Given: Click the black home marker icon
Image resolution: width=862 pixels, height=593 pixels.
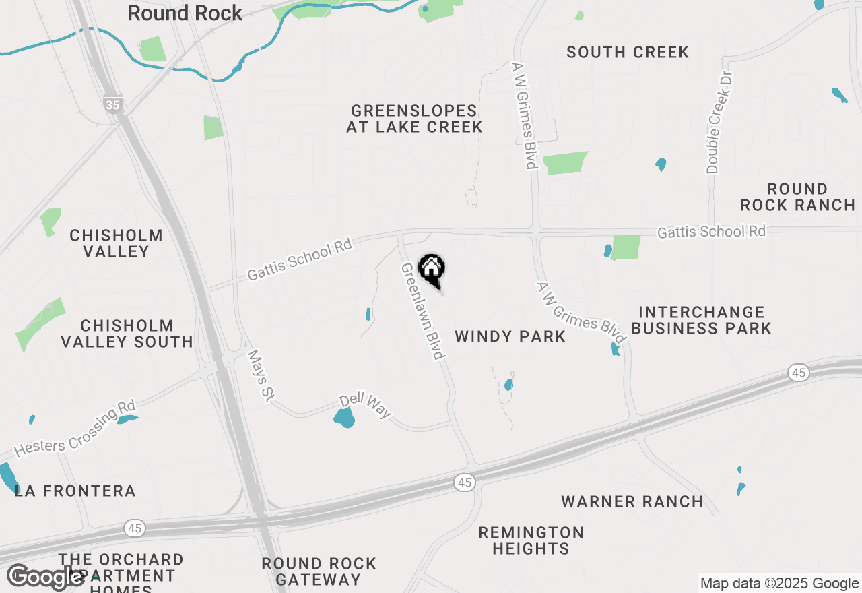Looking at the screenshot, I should [432, 270].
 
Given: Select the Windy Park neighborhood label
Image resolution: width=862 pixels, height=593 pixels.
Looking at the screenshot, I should [510, 336].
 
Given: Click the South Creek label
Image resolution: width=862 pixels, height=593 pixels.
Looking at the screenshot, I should [628, 52].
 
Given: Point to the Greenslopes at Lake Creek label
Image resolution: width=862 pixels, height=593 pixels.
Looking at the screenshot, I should [414, 119].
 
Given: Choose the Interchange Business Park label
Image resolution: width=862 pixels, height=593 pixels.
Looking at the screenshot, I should [702, 320].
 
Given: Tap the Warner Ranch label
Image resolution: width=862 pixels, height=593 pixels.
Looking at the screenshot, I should [632, 501].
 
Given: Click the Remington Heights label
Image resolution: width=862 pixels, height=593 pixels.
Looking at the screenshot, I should [531, 540].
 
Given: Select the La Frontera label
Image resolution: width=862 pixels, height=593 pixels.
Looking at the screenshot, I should [75, 491].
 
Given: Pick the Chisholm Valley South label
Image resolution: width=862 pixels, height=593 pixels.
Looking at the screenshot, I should [127, 334].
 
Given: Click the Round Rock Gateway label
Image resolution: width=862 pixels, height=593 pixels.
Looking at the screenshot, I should [319, 571].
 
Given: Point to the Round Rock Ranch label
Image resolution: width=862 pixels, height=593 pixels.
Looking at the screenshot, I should [798, 197].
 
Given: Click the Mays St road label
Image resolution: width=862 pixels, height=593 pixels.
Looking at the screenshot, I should [260, 376].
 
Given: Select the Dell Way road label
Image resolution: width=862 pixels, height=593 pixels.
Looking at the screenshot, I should [365, 405].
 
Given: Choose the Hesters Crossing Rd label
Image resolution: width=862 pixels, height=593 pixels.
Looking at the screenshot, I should [75, 428].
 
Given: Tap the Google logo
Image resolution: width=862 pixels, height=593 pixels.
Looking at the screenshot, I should [45, 577].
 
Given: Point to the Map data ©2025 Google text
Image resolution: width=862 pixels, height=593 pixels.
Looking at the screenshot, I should [780, 584].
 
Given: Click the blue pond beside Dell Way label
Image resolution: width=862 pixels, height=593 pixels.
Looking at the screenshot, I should [344, 418].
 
